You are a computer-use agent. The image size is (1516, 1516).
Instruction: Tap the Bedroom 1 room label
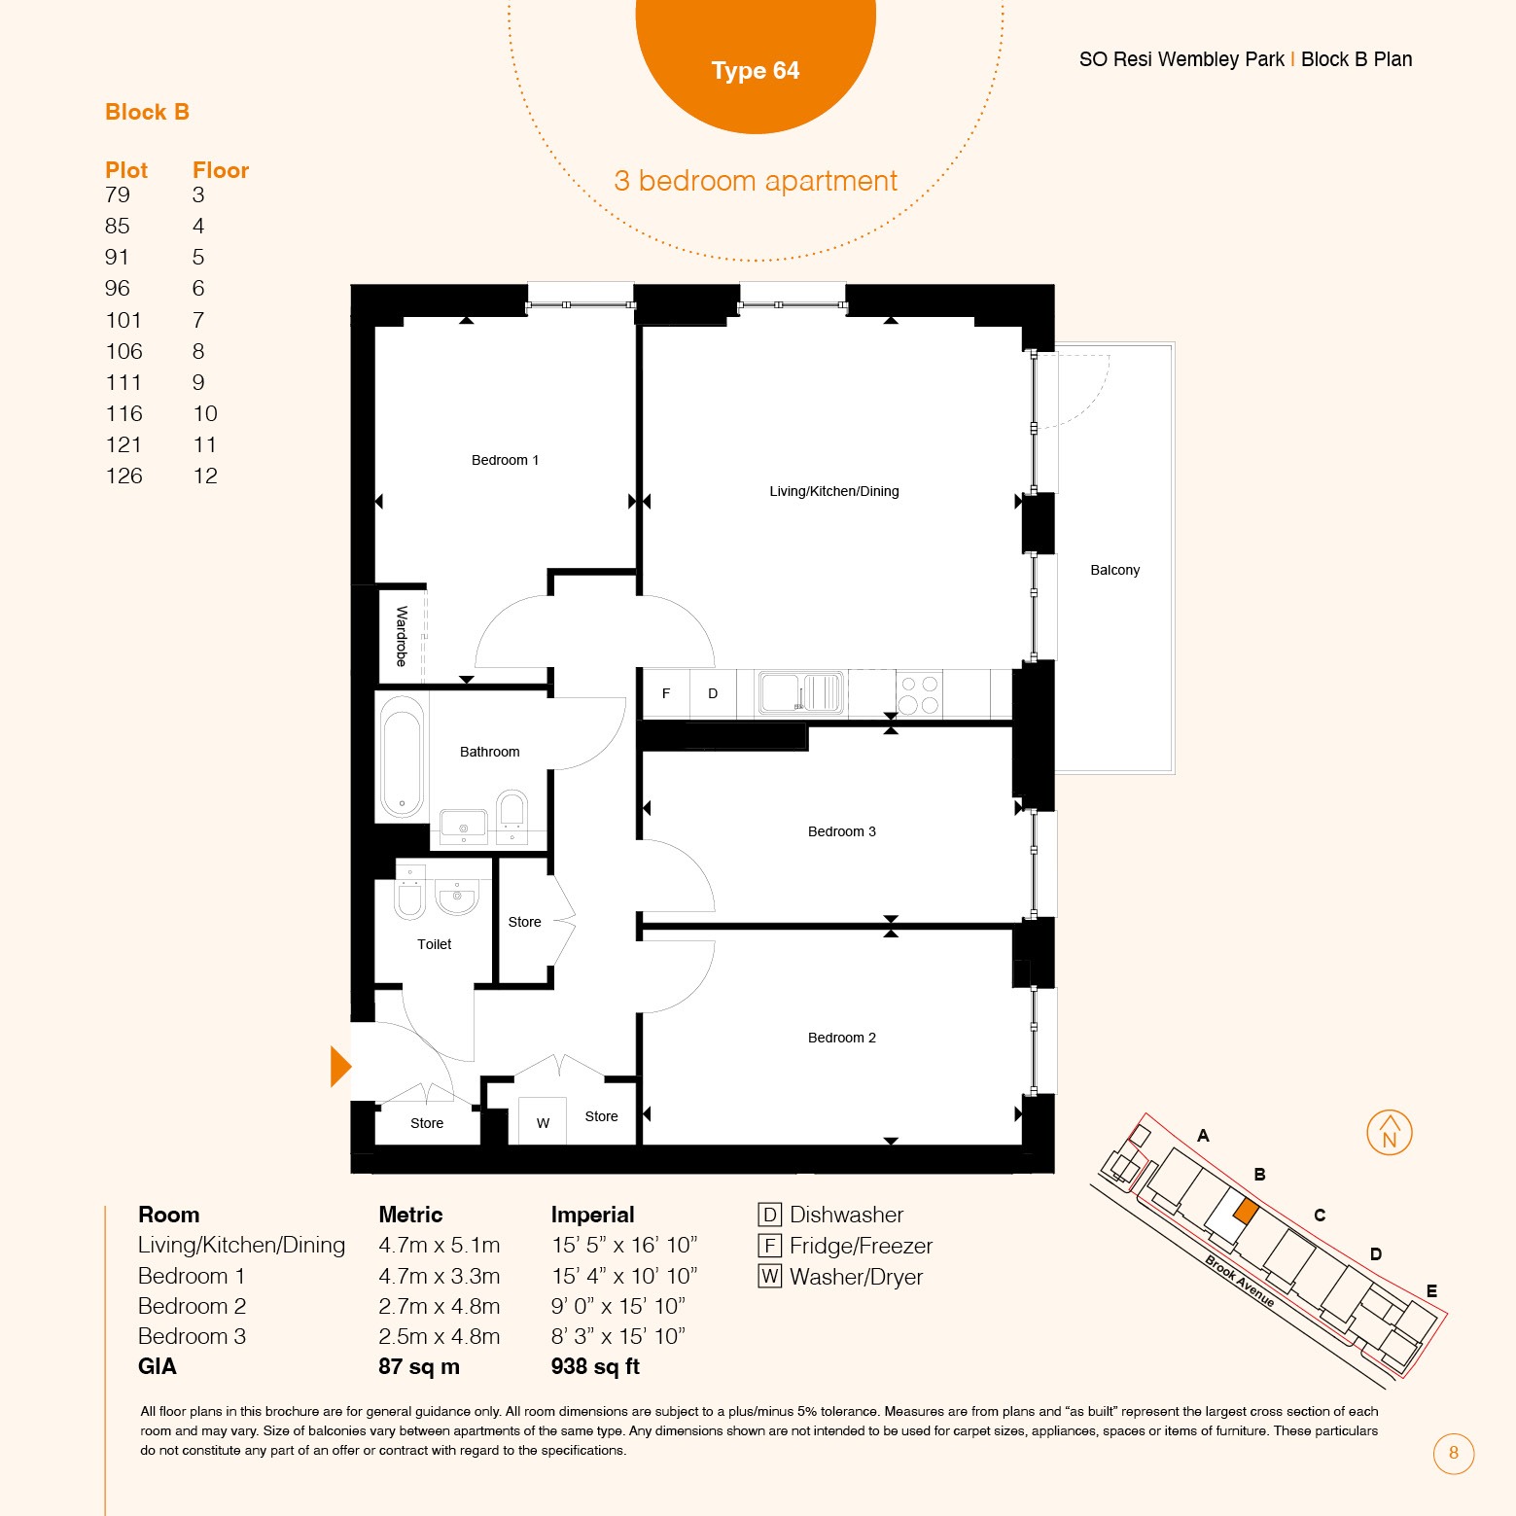[505, 460]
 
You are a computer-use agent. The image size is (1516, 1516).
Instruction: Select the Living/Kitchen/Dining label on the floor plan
[834, 491]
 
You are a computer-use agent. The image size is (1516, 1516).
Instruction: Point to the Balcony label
[1114, 570]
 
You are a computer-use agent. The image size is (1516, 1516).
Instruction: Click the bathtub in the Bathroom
[402, 757]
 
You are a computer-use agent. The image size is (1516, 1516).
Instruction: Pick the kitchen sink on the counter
[800, 692]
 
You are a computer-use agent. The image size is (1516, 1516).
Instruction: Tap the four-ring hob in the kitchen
[919, 694]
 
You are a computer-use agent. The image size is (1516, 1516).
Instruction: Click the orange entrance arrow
[340, 1066]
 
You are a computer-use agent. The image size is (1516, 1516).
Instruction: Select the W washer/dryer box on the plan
[543, 1120]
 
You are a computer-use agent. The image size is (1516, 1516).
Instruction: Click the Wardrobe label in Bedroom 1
[402, 636]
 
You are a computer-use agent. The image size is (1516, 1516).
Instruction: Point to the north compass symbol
[1390, 1133]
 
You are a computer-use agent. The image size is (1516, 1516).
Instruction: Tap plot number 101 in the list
[123, 320]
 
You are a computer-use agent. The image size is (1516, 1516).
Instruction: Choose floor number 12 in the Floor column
[205, 476]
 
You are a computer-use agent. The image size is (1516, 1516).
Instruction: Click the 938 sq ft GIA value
[595, 1366]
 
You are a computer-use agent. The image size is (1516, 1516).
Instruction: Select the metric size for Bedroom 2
[440, 1306]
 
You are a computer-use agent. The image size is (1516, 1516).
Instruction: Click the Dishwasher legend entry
[830, 1215]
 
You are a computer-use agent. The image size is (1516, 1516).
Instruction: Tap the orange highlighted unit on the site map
[1246, 1212]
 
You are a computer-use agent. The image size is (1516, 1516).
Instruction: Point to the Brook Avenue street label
[1240, 1281]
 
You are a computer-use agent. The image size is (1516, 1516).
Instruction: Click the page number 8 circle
[1454, 1453]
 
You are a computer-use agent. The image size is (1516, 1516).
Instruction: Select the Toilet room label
[435, 944]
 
